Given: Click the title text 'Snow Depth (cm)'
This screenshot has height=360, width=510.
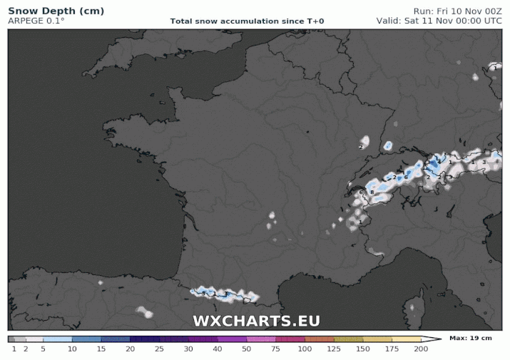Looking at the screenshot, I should [56, 11].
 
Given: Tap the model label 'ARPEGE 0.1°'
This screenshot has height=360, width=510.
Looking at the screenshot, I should [36, 21].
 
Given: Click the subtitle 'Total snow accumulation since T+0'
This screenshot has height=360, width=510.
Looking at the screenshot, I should [247, 21].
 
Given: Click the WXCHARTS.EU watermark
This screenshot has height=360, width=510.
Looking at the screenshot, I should [256, 321].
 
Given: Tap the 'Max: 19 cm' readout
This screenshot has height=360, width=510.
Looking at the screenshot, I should [470, 338].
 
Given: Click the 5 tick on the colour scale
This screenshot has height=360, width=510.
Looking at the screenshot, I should [43, 349].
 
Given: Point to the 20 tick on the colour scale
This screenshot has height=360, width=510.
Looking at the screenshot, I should [130, 349].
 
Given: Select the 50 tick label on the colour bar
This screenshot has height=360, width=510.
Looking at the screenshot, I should [246, 349].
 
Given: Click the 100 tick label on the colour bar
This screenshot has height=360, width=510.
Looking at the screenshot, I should [305, 349].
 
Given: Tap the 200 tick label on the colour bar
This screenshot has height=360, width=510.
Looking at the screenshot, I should [422, 349].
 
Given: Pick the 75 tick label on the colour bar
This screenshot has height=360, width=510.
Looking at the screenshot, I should [275, 349].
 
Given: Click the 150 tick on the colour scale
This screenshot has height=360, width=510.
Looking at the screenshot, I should [363, 349].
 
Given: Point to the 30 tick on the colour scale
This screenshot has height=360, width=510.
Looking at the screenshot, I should [188, 349].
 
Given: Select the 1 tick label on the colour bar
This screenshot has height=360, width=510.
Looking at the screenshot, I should [14, 349].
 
